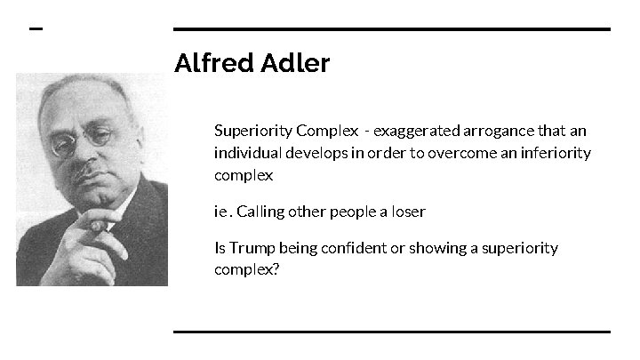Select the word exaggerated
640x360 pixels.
click(416, 131)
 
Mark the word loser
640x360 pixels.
click(407, 212)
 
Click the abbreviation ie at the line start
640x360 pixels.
click(220, 212)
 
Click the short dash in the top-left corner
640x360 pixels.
click(36, 28)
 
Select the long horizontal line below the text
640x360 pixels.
click(391, 332)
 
